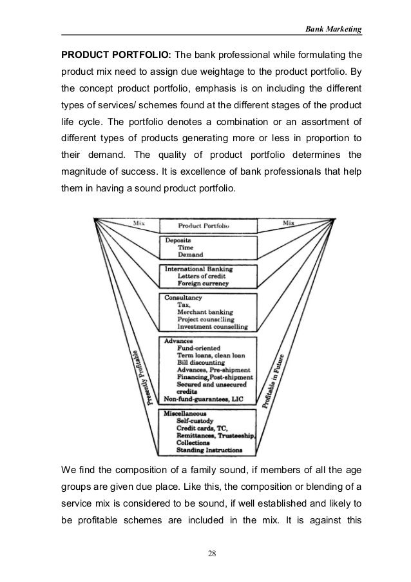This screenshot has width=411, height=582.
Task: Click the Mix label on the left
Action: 139,224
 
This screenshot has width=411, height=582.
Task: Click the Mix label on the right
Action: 288,223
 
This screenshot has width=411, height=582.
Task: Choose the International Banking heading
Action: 199,268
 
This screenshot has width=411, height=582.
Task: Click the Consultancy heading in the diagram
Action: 184,298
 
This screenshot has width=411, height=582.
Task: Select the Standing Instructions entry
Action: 212,449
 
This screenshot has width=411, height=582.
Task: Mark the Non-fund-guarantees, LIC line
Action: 205,398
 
